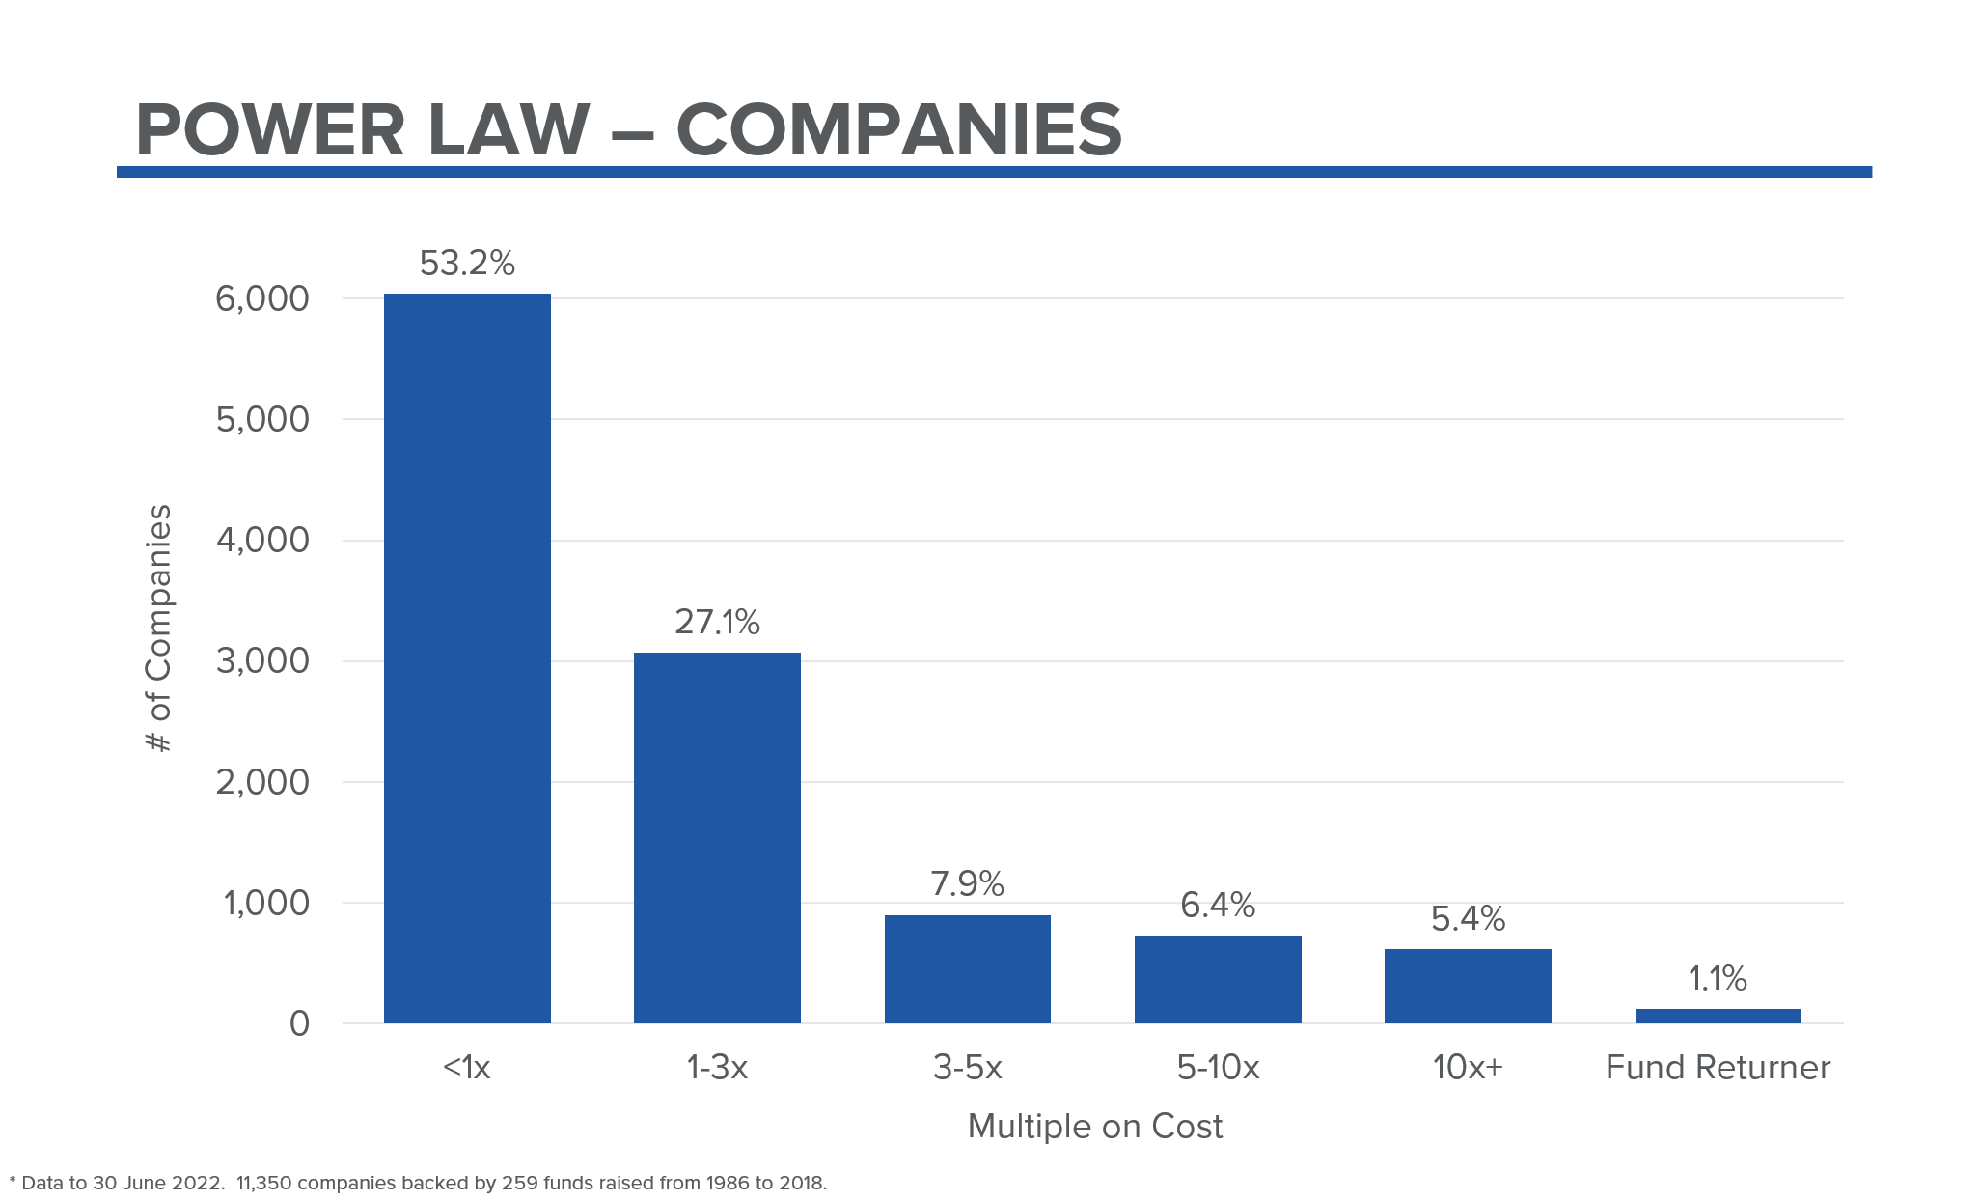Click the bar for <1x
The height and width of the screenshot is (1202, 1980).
467,658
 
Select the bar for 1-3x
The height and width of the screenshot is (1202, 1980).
717,838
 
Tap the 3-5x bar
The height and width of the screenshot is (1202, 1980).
967,968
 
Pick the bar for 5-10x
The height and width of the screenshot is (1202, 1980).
1218,979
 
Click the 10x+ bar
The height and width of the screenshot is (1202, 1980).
1468,986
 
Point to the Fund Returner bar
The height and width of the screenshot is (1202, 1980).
1718,1016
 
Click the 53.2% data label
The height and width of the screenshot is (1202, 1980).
467,263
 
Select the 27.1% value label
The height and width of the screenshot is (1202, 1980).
717,622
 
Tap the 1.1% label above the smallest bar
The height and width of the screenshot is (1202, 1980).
1718,978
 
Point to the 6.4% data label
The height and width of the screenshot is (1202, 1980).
1218,905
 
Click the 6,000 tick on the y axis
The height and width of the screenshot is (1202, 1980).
262,298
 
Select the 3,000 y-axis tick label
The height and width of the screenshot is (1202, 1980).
262,661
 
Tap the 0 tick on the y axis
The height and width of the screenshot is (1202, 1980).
299,1023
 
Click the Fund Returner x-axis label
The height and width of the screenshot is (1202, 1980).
1718,1067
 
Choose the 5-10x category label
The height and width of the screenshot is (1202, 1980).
1218,1067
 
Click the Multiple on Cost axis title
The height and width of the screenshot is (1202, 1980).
1095,1126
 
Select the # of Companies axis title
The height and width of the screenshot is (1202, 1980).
158,628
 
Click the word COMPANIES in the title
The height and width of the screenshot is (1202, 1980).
898,130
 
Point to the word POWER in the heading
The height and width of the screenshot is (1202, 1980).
270,130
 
